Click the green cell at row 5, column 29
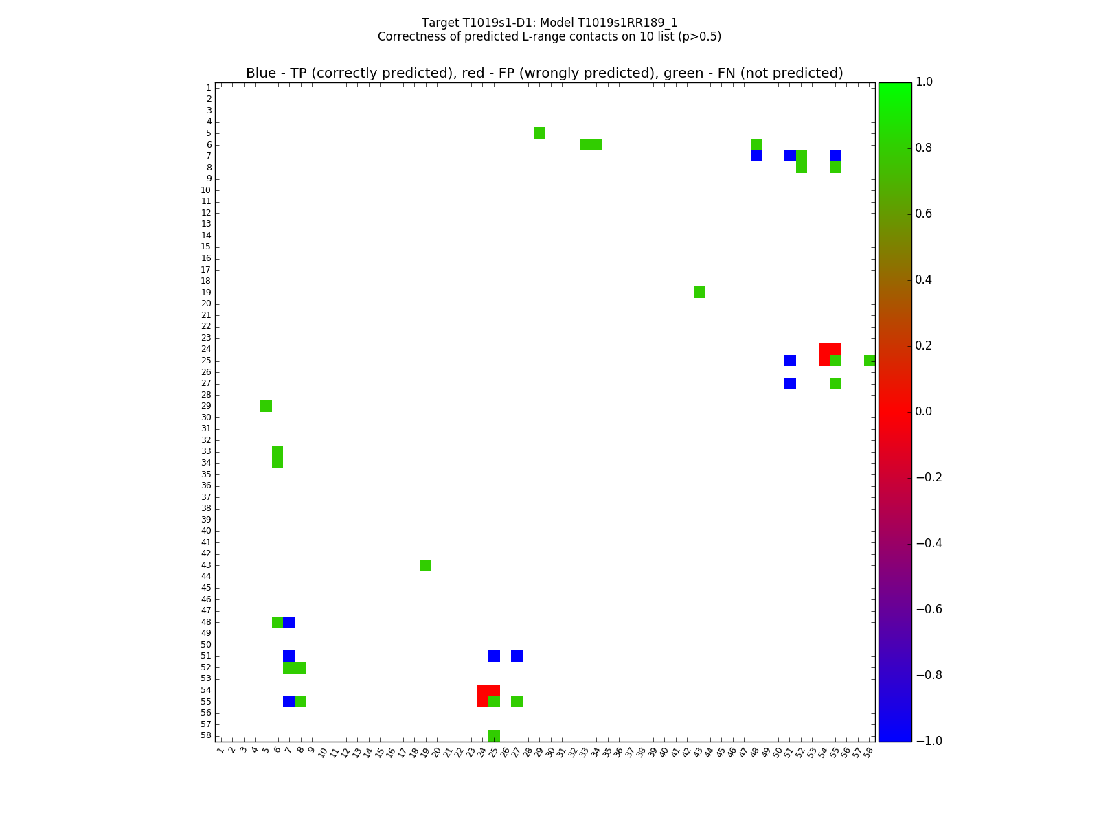(x=539, y=133)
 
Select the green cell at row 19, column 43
(x=699, y=292)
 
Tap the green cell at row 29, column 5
(x=266, y=406)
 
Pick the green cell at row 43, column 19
(x=426, y=565)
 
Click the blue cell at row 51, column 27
(x=517, y=656)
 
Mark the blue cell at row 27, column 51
(x=790, y=383)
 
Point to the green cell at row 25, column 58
(x=870, y=360)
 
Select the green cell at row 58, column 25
(x=494, y=735)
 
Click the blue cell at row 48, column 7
(x=288, y=622)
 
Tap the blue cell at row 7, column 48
(x=756, y=156)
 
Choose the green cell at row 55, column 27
(x=517, y=702)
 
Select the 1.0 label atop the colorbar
(x=923, y=82)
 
